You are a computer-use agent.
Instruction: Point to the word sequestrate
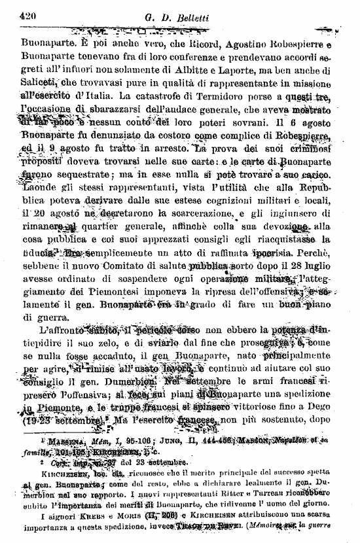pos(75,175)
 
